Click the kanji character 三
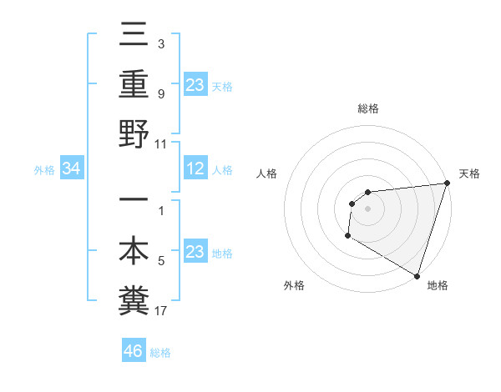(134, 36)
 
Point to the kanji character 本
(134, 252)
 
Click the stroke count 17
(161, 312)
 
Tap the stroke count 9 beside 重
(161, 94)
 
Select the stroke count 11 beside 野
(161, 144)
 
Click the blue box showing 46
(134, 351)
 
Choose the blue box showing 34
(72, 169)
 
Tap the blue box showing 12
(195, 169)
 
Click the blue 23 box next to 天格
(195, 85)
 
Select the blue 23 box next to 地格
(195, 253)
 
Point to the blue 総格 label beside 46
(160, 353)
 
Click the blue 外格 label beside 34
(44, 170)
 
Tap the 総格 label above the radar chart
(367, 108)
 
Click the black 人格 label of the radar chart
(268, 174)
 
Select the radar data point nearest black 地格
(417, 276)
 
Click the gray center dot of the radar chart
(367, 209)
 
